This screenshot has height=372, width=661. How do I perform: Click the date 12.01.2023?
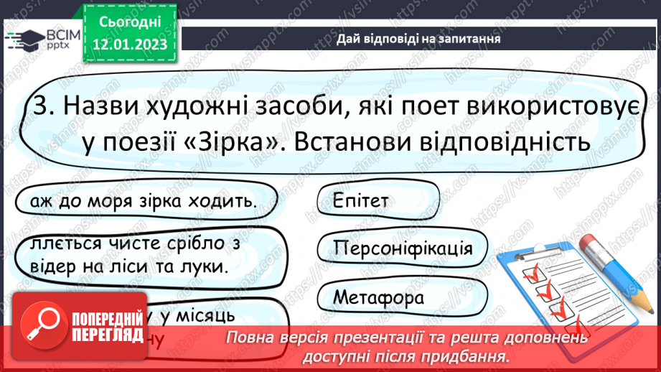(130, 45)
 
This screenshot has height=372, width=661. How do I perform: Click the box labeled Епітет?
(360, 200)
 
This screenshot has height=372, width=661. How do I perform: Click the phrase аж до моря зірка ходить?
(143, 200)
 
